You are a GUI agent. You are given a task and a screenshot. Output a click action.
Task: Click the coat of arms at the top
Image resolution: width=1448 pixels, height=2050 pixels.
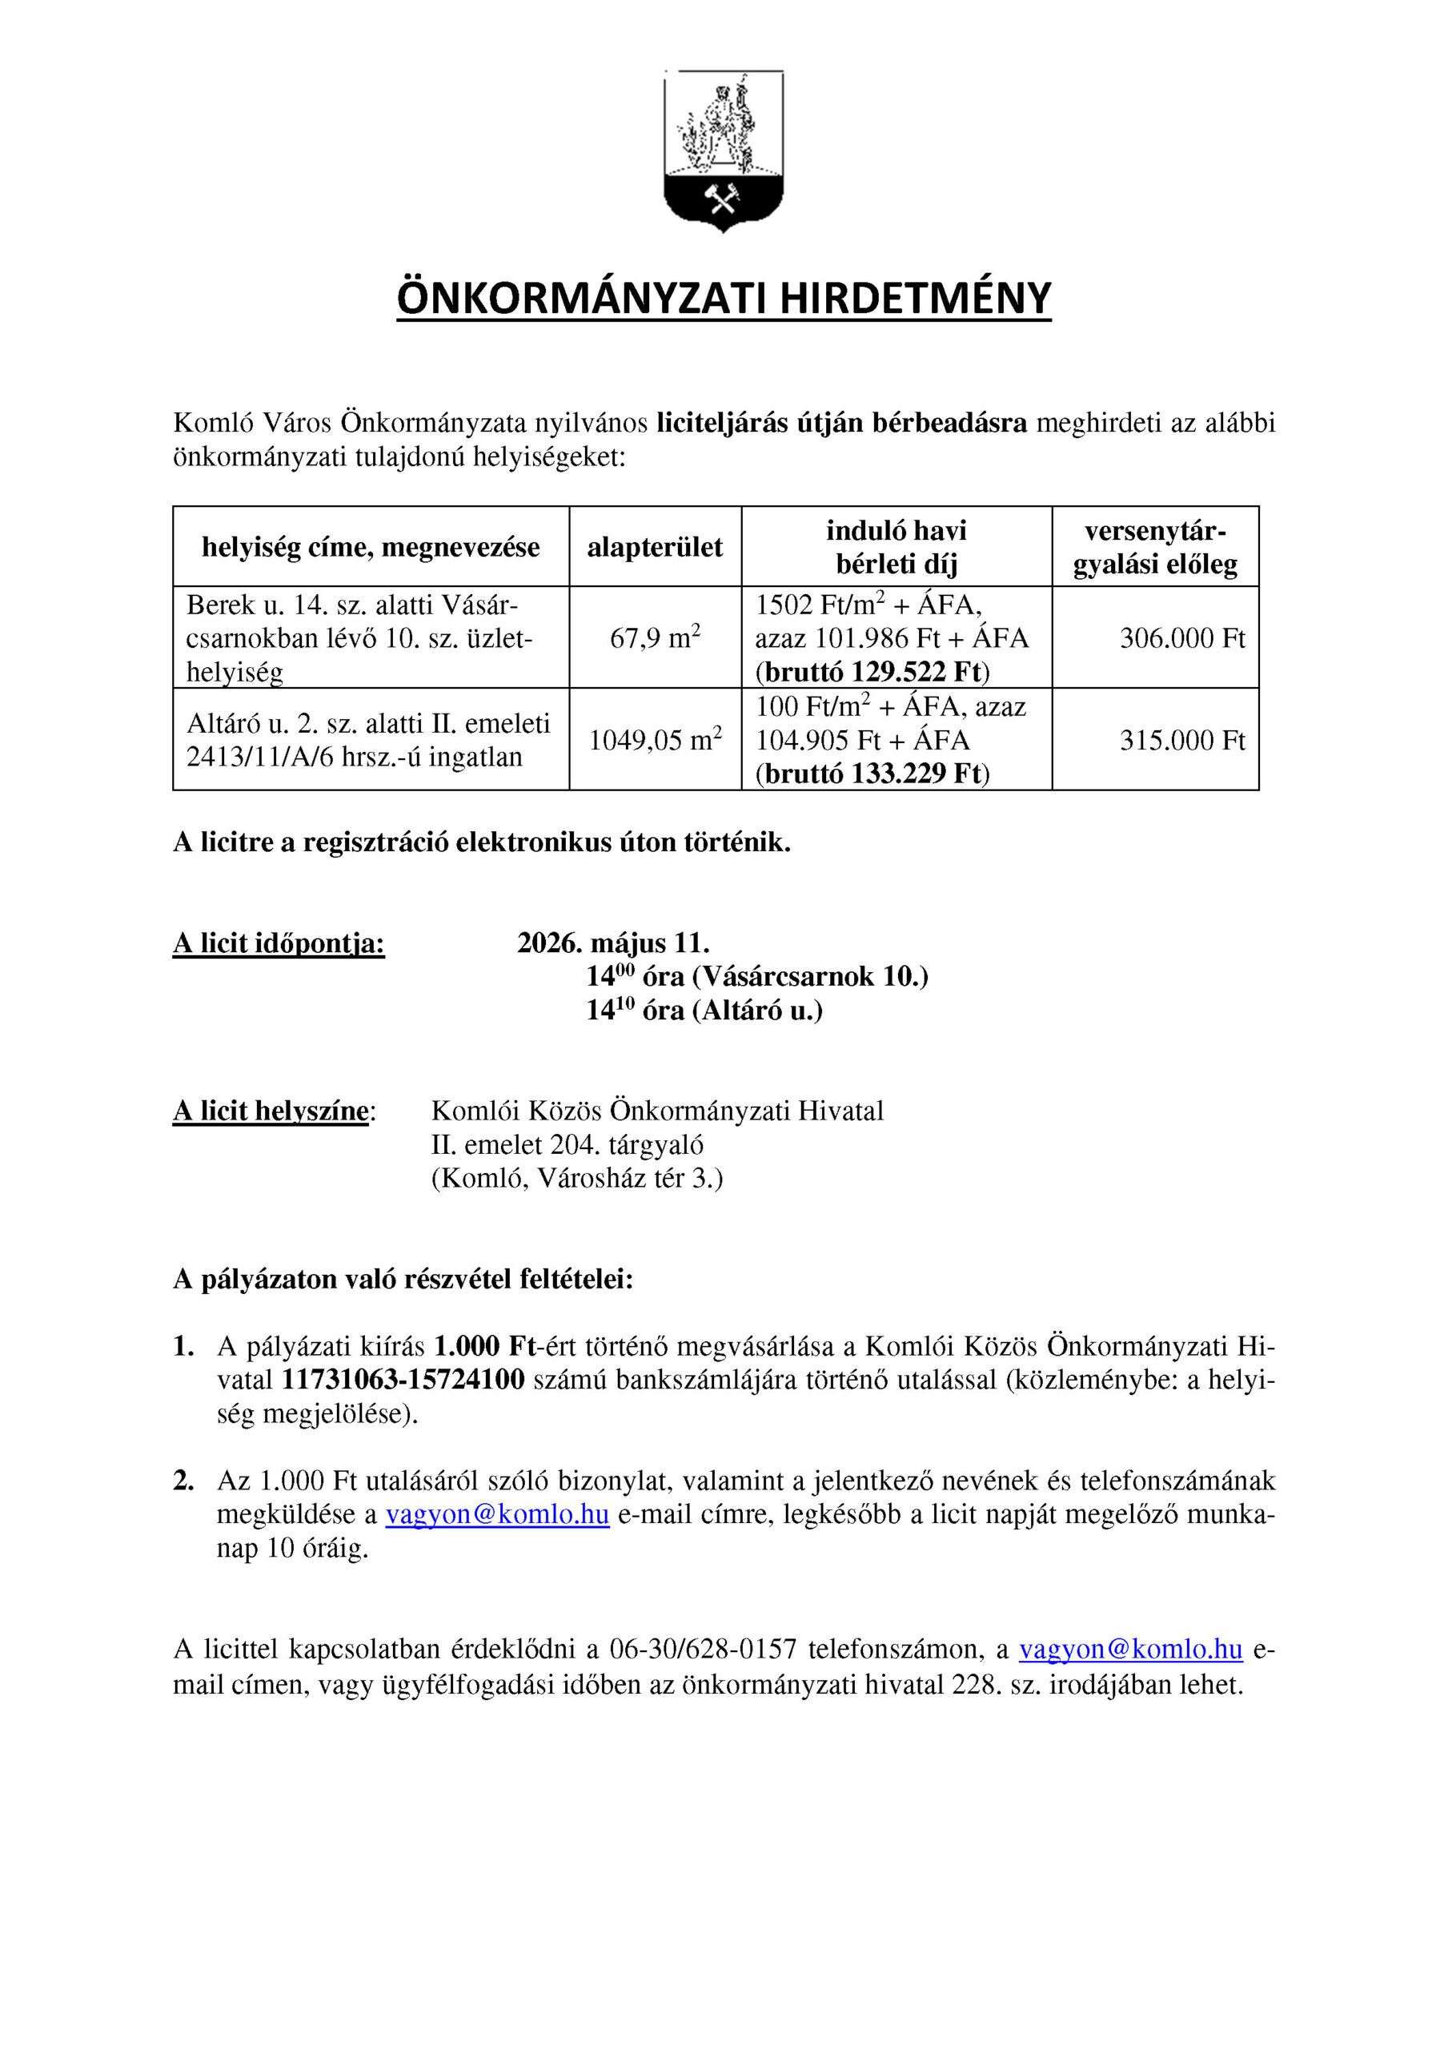[723, 150]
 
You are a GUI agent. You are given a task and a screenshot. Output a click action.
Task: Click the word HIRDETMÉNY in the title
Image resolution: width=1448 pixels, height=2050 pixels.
[915, 298]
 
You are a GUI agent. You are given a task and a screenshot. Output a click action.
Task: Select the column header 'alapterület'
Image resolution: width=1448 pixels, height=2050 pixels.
[655, 547]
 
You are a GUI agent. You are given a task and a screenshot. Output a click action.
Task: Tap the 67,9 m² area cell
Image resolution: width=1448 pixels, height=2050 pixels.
[655, 638]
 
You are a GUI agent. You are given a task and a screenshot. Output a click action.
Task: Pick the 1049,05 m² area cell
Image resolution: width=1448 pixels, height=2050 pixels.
[655, 740]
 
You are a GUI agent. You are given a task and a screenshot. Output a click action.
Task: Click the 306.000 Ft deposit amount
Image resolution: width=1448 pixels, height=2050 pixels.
[1182, 638]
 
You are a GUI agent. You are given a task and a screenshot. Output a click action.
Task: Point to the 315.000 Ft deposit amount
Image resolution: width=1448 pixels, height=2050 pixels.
[1182, 740]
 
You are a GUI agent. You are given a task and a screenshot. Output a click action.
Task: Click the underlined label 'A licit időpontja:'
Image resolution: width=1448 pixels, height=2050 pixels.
[279, 944]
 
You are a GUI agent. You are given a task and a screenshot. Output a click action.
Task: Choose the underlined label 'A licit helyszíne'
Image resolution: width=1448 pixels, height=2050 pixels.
[271, 1111]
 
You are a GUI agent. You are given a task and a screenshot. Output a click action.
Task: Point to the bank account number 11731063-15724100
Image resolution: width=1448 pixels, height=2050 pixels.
[403, 1381]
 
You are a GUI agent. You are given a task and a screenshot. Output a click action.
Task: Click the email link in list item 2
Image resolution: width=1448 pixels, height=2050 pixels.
[497, 1515]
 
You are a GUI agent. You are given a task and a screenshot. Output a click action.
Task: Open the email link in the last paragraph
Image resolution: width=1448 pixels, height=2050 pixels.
[1130, 1650]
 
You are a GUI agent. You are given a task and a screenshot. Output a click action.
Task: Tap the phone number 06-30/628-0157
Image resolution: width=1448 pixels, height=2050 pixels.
[703, 1650]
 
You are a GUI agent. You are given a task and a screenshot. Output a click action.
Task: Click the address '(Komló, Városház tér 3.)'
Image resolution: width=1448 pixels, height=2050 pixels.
[576, 1179]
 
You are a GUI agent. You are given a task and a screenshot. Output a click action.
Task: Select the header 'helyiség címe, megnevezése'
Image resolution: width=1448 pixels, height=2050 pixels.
[371, 547]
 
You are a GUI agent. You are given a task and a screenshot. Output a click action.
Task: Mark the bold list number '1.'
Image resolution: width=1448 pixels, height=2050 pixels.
[183, 1346]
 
